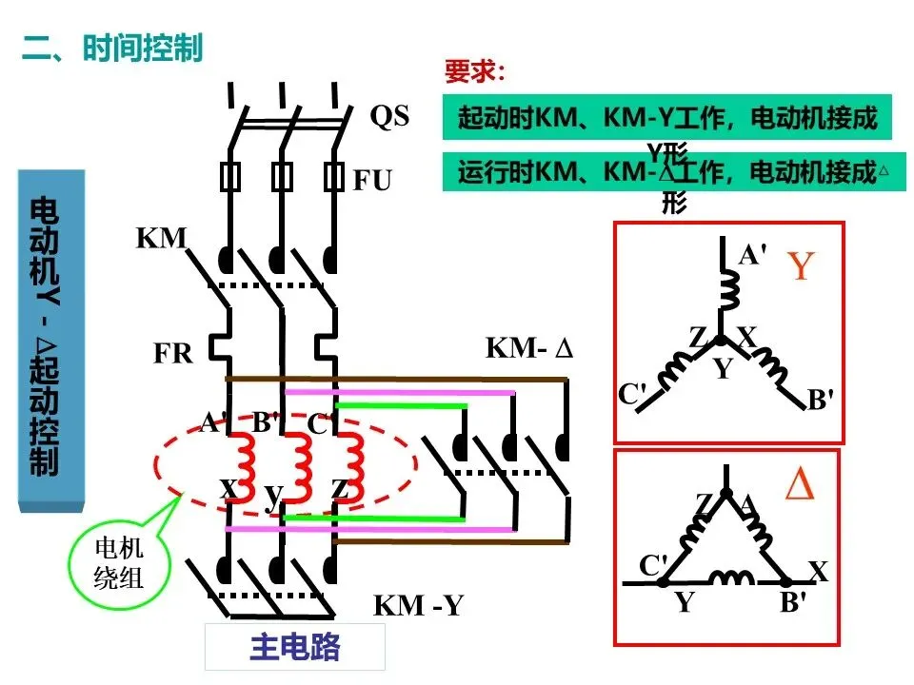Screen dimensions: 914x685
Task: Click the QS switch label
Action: click(x=389, y=116)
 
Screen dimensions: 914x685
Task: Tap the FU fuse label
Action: click(x=372, y=180)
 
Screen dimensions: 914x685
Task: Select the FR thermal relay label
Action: click(x=173, y=353)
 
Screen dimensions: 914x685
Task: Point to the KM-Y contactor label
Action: click(x=418, y=605)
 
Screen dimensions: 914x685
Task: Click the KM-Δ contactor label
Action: click(x=529, y=348)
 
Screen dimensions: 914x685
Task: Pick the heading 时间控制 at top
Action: click(x=143, y=48)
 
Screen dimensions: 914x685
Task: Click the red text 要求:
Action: click(x=474, y=71)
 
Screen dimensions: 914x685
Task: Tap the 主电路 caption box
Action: click(x=295, y=647)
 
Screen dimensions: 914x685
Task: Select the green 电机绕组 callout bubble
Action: click(x=120, y=564)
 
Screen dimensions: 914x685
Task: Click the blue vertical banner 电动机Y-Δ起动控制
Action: click(x=51, y=341)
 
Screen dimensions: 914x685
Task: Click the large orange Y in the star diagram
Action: click(x=801, y=265)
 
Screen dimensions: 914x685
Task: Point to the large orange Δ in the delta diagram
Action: click(x=799, y=484)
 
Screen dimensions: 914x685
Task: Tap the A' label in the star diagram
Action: click(x=752, y=255)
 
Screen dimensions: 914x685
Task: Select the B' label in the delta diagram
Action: click(x=793, y=602)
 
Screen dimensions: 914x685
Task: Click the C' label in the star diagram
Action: click(x=632, y=394)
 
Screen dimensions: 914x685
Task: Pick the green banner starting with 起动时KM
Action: click(x=666, y=117)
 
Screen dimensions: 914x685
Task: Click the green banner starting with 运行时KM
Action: click(x=674, y=171)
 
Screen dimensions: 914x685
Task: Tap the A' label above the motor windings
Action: click(x=213, y=422)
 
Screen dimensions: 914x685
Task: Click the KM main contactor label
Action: click(x=161, y=238)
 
